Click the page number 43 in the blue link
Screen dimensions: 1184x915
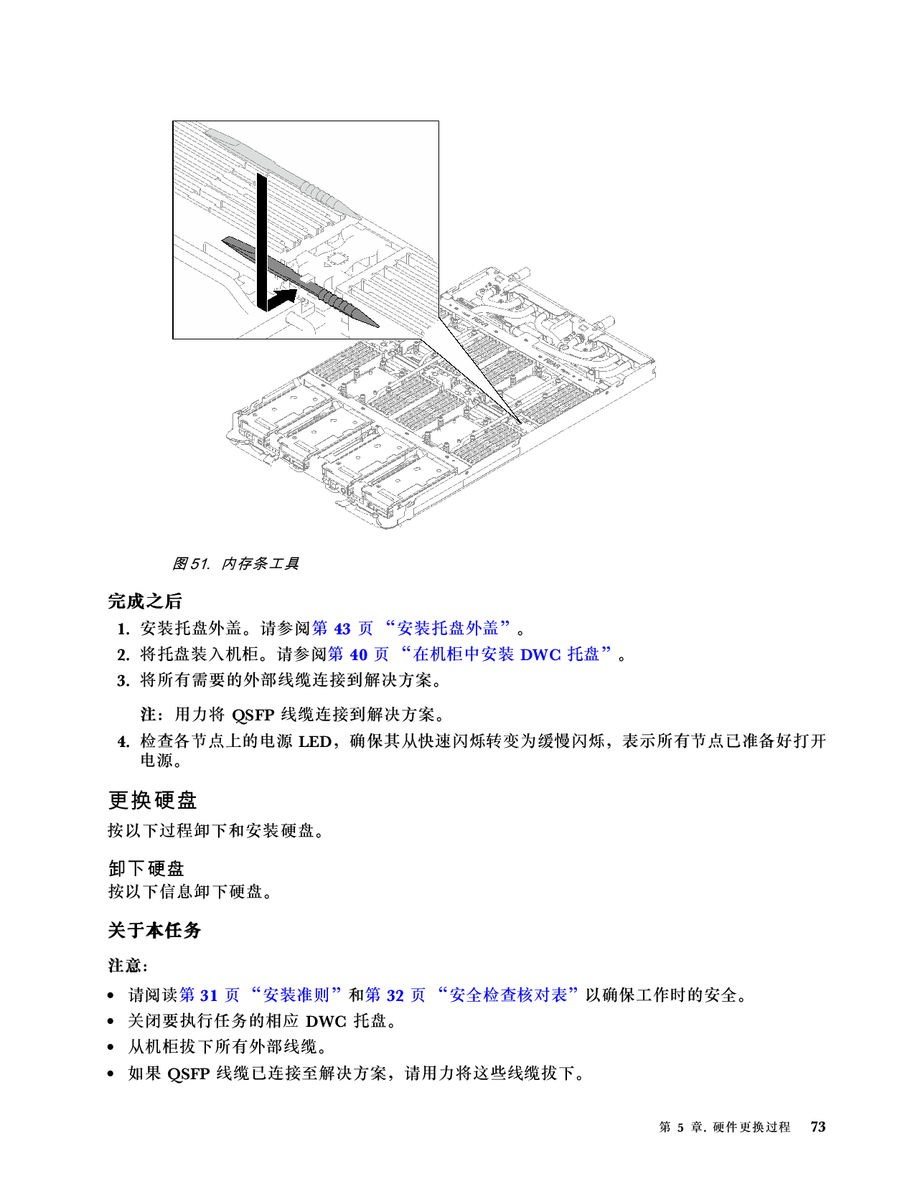pyautogui.click(x=342, y=629)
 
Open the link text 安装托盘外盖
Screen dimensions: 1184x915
pyautogui.click(x=448, y=629)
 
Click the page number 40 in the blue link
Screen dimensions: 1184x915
pyautogui.click(x=358, y=654)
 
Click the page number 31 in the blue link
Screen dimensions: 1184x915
pyautogui.click(x=209, y=995)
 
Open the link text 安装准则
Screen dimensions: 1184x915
pyautogui.click(x=296, y=995)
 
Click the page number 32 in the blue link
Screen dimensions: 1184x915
pyautogui.click(x=395, y=995)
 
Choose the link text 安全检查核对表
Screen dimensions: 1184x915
pyautogui.click(x=508, y=995)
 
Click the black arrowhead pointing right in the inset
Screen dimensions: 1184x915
pyautogui.click(x=287, y=296)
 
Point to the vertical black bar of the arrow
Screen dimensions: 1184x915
pyautogui.click(x=262, y=237)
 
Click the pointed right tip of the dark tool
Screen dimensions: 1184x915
pyautogui.click(x=375, y=324)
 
